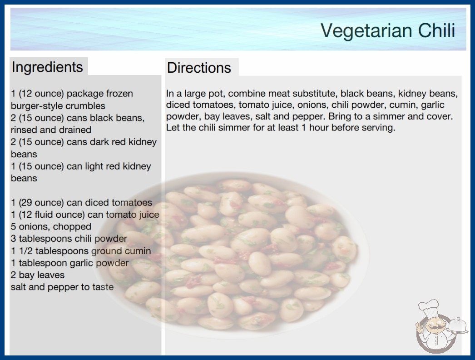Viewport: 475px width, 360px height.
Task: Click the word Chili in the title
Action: point(436,30)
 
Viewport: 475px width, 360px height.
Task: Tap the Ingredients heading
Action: point(47,67)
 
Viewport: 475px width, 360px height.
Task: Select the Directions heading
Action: point(199,68)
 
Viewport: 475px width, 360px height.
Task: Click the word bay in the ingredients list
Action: point(25,275)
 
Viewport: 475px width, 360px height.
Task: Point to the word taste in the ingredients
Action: point(103,287)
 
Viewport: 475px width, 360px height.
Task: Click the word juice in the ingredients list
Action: point(149,215)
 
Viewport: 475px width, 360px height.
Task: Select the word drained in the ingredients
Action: point(77,130)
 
